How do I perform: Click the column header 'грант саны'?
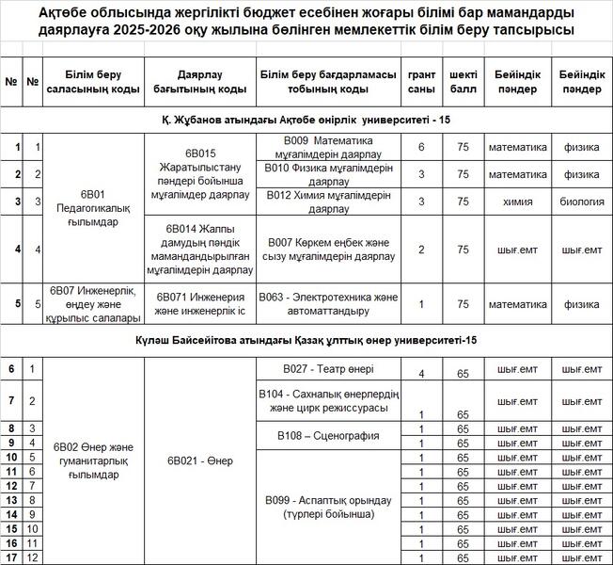point(421,82)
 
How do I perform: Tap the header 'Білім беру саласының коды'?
point(92,82)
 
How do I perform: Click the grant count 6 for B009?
point(421,147)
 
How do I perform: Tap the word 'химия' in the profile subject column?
point(517,202)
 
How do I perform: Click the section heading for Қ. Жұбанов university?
point(306,121)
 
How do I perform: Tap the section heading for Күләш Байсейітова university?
point(306,339)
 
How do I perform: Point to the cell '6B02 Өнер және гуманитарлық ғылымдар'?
point(92,461)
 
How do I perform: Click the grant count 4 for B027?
point(421,374)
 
